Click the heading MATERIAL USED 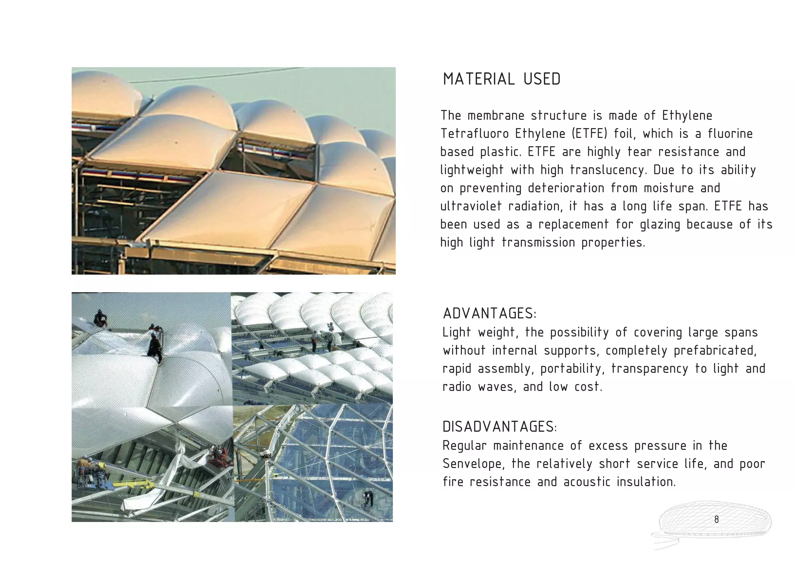pyautogui.click(x=502, y=79)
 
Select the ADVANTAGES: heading pyautogui.click(x=489, y=313)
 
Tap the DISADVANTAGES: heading pyautogui.click(x=500, y=427)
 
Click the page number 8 pyautogui.click(x=716, y=519)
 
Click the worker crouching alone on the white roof pyautogui.click(x=100, y=318)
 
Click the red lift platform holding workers pyautogui.click(x=215, y=458)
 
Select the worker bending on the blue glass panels pyautogui.click(x=368, y=498)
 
